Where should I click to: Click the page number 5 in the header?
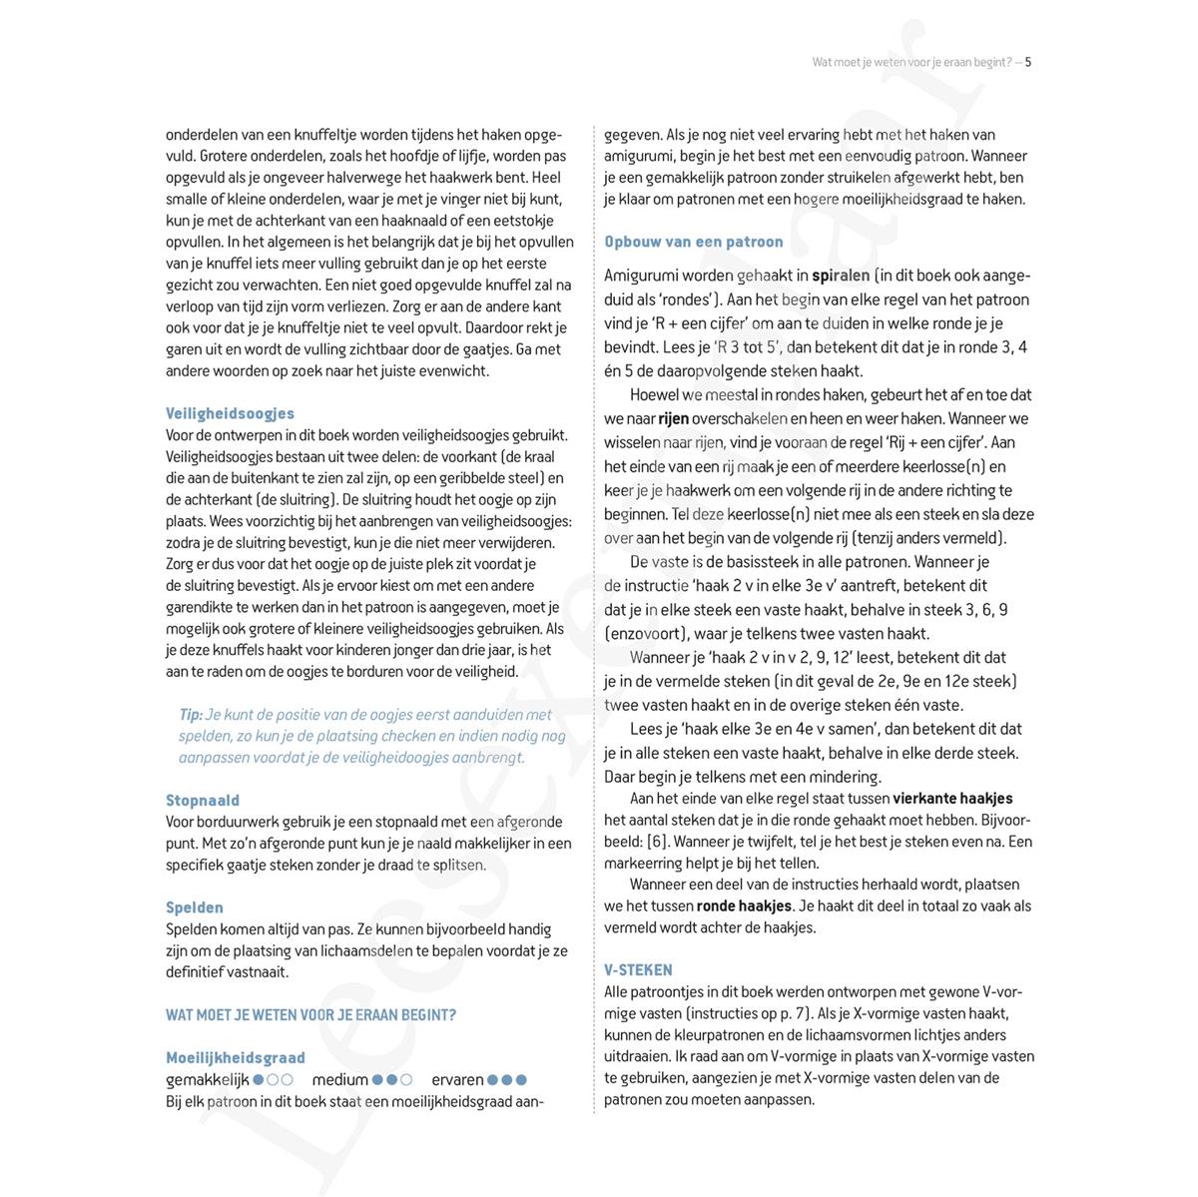pyautogui.click(x=1028, y=62)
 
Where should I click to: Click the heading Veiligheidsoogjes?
pyautogui.click(x=230, y=413)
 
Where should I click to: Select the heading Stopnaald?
pyautogui.click(x=203, y=801)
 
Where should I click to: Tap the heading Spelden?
pyautogui.click(x=195, y=907)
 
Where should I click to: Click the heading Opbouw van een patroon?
pyautogui.click(x=694, y=242)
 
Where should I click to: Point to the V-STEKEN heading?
pyautogui.click(x=638, y=969)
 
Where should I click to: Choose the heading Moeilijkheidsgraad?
pyautogui.click(x=236, y=1057)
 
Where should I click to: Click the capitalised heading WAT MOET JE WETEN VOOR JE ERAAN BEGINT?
pyautogui.click(x=310, y=1015)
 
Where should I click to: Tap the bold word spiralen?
pyautogui.click(x=840, y=276)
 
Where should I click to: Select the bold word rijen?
pyautogui.click(x=674, y=418)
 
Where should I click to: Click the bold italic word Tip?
pyautogui.click(x=191, y=715)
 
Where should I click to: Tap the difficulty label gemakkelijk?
pyautogui.click(x=207, y=1079)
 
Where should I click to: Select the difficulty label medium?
pyautogui.click(x=340, y=1079)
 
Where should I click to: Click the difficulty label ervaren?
pyautogui.click(x=457, y=1079)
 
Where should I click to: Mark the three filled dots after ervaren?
pyautogui.click(x=507, y=1079)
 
